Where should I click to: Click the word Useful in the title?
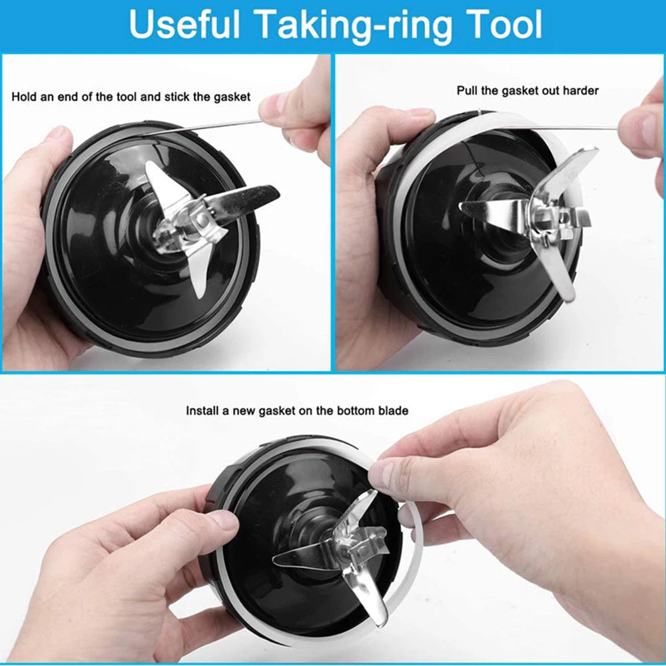pyautogui.click(x=184, y=24)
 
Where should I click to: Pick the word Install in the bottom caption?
pyautogui.click(x=201, y=411)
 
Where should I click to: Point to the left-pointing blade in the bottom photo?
pyautogui.click(x=305, y=555)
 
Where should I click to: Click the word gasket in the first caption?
pyautogui.click(x=232, y=97)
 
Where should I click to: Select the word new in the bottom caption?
pyautogui.click(x=244, y=411)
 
